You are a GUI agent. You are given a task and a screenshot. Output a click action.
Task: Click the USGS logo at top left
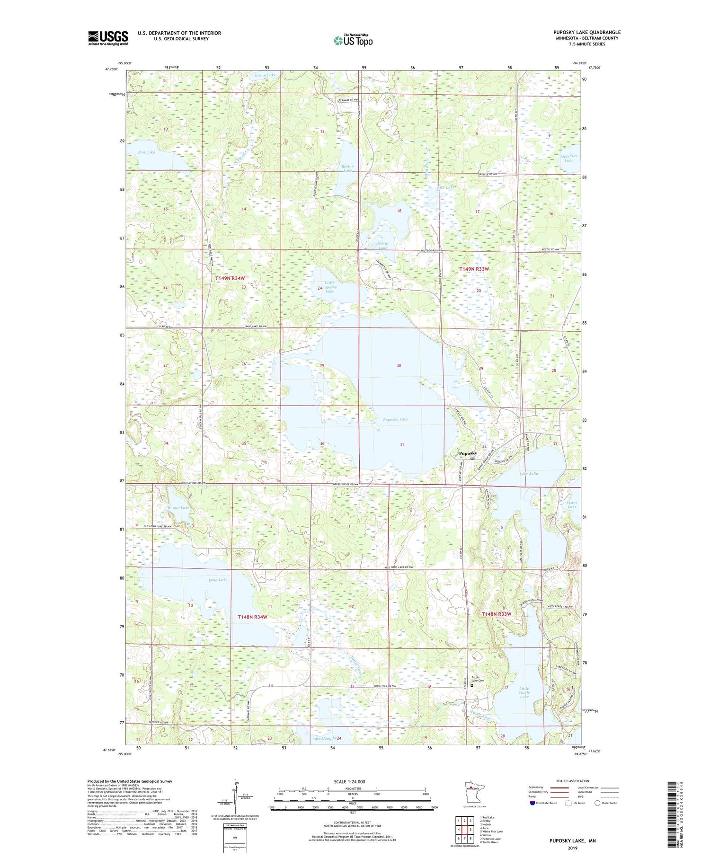(x=108, y=38)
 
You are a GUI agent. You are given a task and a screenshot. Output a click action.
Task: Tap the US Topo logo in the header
(x=353, y=41)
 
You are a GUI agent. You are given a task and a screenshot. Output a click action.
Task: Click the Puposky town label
(x=468, y=453)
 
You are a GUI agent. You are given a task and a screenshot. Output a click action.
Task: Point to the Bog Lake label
(x=146, y=152)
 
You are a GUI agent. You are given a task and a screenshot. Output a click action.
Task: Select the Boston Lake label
(x=347, y=168)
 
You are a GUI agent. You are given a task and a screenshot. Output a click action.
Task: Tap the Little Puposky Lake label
(x=329, y=287)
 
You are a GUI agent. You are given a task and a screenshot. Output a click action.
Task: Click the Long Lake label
(x=217, y=579)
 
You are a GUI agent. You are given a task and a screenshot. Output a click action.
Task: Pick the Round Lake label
(x=178, y=508)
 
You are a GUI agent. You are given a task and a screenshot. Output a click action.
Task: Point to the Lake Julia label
(x=529, y=473)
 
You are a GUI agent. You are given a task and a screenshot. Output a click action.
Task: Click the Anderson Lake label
(x=568, y=158)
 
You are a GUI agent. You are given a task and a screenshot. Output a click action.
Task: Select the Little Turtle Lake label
(x=524, y=692)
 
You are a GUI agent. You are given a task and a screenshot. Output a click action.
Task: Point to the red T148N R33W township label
(x=497, y=614)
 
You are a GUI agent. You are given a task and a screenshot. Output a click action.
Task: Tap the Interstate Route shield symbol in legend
(x=532, y=803)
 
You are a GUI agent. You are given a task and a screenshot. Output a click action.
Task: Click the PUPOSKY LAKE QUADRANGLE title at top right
(x=587, y=32)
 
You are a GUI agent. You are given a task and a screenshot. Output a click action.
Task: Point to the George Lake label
(x=382, y=245)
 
